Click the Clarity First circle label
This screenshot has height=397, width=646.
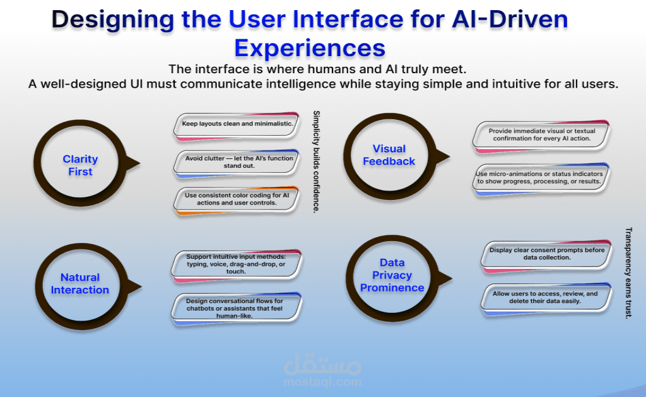(x=80, y=165)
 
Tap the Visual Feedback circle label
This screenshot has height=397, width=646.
(x=389, y=155)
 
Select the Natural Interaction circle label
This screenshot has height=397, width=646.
(x=80, y=283)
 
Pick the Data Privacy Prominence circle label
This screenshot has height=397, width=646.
(x=392, y=275)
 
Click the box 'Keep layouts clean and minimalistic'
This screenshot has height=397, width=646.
(x=237, y=126)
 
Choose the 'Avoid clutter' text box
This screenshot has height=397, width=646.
(x=237, y=163)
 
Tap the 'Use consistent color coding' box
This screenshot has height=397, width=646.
(x=237, y=200)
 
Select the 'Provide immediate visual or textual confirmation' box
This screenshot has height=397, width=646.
(x=541, y=136)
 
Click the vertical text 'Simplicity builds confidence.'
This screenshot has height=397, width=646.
(x=317, y=162)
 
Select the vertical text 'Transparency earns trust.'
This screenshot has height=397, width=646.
(x=628, y=273)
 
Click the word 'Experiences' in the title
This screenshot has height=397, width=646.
(x=310, y=48)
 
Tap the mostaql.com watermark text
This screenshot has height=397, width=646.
(x=322, y=382)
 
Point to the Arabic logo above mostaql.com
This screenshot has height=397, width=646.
(x=322, y=364)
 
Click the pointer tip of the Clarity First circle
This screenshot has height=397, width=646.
(x=140, y=163)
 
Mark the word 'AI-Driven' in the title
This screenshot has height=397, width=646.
(x=510, y=19)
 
